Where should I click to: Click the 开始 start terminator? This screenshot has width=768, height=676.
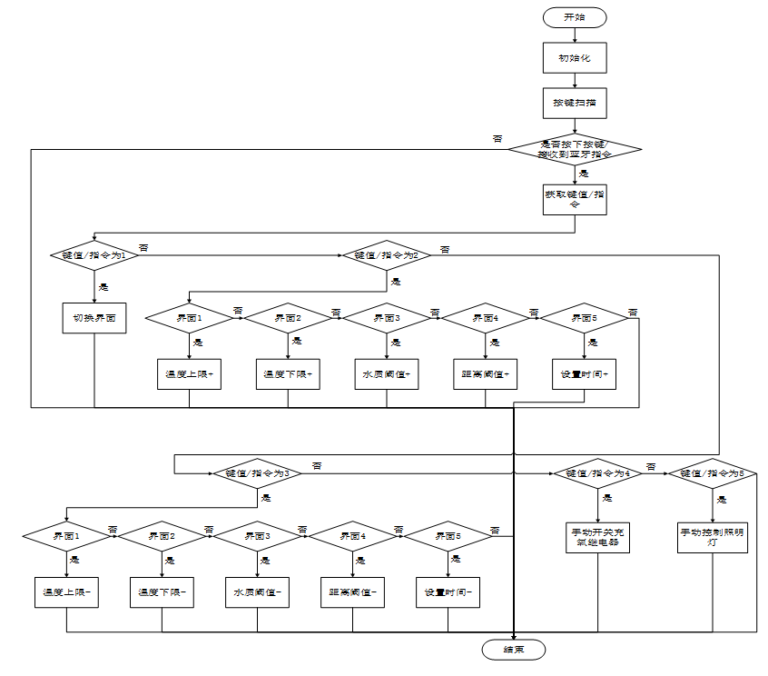[575, 17]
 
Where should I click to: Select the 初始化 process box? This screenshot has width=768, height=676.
[575, 58]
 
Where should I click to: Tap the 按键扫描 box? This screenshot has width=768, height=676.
[575, 103]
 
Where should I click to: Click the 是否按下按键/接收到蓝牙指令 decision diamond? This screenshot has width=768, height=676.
[575, 149]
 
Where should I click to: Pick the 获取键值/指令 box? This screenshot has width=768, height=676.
[575, 200]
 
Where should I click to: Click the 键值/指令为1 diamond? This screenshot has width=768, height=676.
[94, 255]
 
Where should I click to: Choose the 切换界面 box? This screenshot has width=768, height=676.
[94, 319]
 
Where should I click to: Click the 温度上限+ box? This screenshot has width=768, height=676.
[189, 374]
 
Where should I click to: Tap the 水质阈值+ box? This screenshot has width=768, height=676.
[387, 374]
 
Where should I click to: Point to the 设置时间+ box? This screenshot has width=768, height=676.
[585, 374]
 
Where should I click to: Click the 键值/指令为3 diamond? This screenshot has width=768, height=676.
[258, 473]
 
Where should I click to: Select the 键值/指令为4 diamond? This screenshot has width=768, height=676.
[598, 473]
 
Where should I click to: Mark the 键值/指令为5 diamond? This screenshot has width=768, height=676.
[713, 473]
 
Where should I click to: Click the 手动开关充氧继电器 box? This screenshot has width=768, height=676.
[598, 537]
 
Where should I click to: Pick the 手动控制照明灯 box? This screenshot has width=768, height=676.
[713, 537]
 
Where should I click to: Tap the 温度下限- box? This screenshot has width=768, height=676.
[162, 592]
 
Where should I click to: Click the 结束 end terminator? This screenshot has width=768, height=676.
[514, 649]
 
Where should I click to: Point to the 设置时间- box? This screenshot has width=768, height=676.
[448, 592]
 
